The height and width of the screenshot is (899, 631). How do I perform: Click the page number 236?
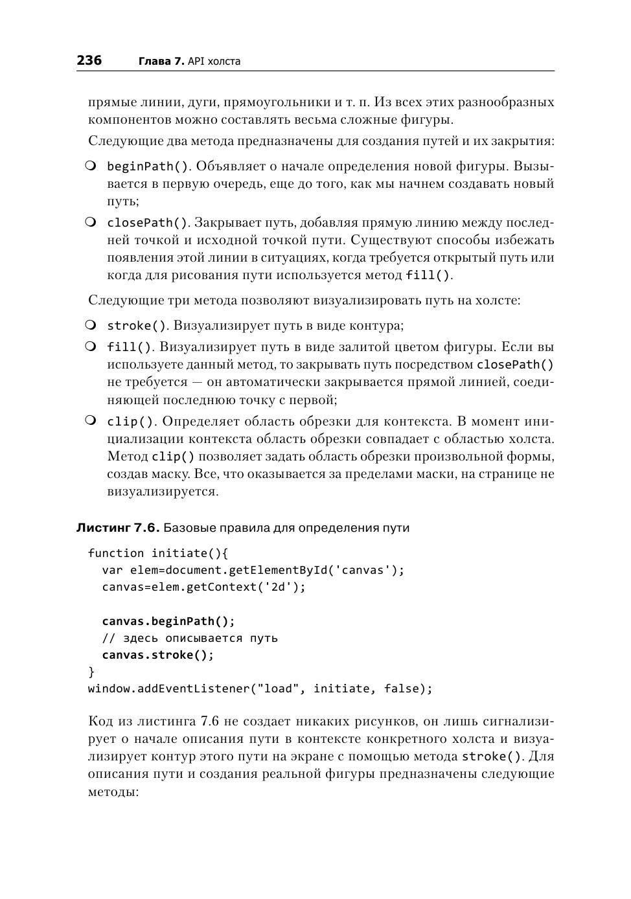(x=89, y=60)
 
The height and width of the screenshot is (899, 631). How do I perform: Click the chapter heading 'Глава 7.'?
(x=161, y=62)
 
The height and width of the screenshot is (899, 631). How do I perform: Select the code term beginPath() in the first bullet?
(x=148, y=166)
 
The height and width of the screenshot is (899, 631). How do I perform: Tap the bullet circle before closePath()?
(x=91, y=222)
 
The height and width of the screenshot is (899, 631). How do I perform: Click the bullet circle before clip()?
(x=91, y=421)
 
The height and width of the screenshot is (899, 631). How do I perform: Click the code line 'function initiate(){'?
(x=158, y=553)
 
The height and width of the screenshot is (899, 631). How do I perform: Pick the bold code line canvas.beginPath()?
(x=168, y=621)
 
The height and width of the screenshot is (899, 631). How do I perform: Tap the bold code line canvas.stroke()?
(x=158, y=655)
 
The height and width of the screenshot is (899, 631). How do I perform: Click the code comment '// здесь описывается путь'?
(x=190, y=638)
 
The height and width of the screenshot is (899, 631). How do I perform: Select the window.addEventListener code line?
(x=260, y=688)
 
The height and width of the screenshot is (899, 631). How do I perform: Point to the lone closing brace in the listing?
(x=91, y=672)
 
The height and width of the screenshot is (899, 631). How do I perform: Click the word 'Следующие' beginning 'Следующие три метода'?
(x=120, y=301)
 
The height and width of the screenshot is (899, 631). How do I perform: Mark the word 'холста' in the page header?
(x=224, y=62)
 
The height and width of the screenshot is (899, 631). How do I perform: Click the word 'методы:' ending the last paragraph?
(x=113, y=791)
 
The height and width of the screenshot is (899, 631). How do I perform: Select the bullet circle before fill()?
(x=91, y=347)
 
